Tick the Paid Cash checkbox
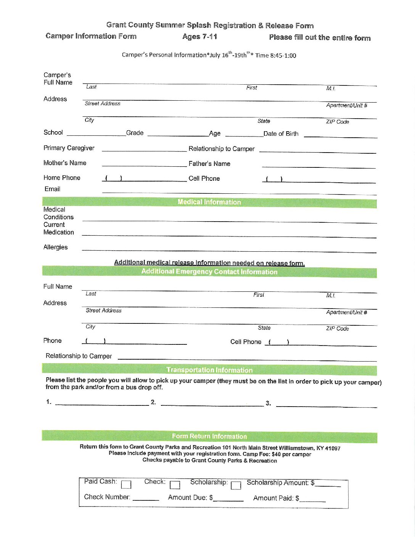point(126,484)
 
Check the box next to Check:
point(175,485)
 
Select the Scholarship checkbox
point(236,485)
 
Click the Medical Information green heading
point(209,202)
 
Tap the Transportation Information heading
point(209,370)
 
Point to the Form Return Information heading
point(209,436)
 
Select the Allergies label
point(56,247)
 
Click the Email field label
point(52,189)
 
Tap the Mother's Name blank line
point(144,166)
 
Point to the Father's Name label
point(209,164)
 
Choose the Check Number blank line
point(146,499)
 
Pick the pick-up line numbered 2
point(212,405)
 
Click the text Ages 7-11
point(199,37)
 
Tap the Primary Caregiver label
point(69,148)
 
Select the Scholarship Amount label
point(280,482)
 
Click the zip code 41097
point(333,448)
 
